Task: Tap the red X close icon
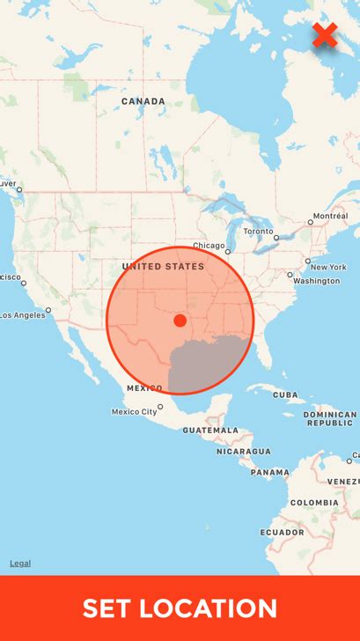click(325, 35)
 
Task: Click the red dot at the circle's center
click(180, 320)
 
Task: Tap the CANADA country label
click(143, 101)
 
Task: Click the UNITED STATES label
click(163, 266)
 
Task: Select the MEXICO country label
click(144, 388)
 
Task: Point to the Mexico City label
click(135, 411)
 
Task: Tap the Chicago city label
click(209, 246)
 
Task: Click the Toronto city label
click(258, 231)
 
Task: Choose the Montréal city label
click(330, 216)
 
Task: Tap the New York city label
click(327, 267)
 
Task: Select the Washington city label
click(316, 281)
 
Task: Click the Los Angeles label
click(22, 314)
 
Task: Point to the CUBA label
click(284, 395)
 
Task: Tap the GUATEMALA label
click(210, 430)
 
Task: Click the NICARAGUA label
click(244, 451)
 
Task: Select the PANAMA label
click(269, 472)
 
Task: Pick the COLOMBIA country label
click(314, 503)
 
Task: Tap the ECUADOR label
click(282, 533)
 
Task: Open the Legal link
click(19, 564)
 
